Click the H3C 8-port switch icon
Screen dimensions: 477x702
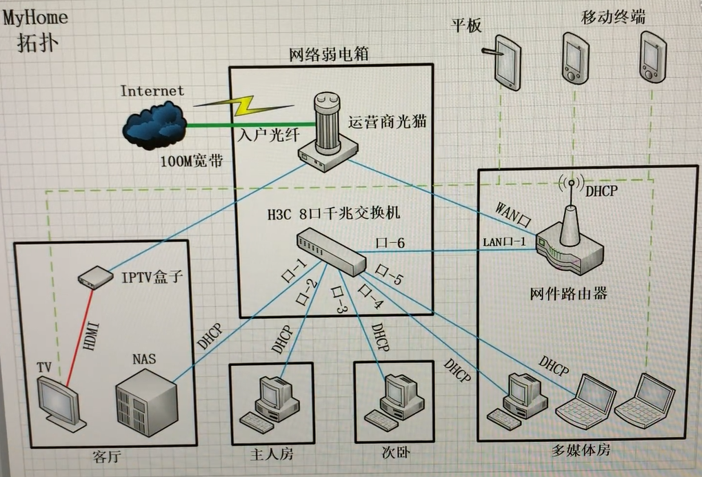(x=330, y=251)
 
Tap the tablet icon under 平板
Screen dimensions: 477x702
(x=507, y=62)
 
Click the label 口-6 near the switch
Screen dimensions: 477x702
(x=388, y=242)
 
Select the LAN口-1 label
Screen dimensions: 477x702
(x=504, y=242)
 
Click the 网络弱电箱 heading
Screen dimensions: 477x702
(x=330, y=54)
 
